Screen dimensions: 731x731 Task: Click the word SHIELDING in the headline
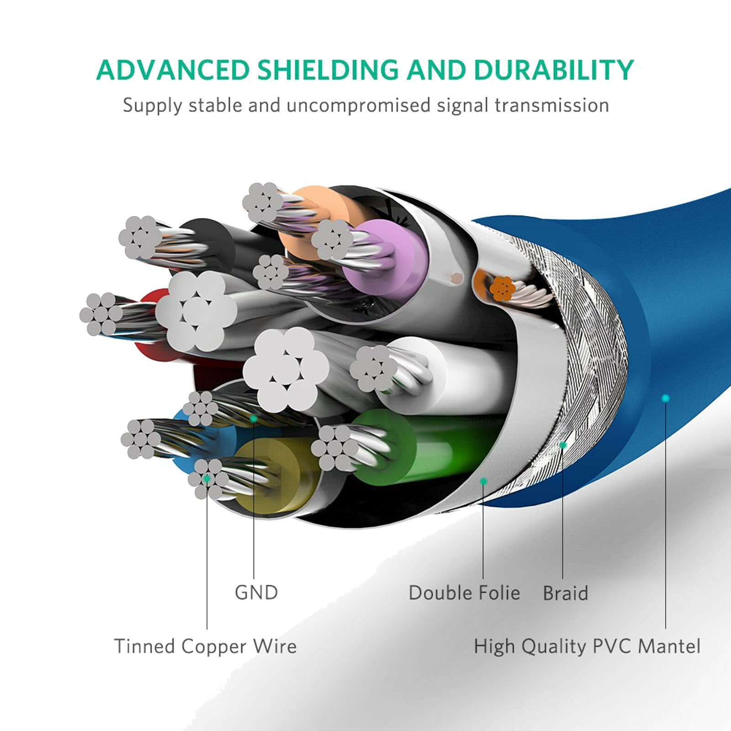point(328,69)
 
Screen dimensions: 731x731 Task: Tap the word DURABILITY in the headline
point(553,69)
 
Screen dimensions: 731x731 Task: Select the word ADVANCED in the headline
point(173,69)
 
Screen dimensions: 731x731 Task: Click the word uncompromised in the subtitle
point(359,106)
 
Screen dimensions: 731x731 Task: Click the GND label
point(256,593)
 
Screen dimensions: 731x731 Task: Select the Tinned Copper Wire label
point(205,646)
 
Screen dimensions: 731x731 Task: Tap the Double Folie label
point(464,593)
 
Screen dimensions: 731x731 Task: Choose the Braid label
point(565,593)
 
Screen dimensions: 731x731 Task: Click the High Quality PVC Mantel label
point(587,647)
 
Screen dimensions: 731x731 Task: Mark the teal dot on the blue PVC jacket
point(666,398)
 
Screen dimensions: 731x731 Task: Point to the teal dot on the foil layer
point(484,481)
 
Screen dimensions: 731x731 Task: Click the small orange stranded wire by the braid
point(502,288)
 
